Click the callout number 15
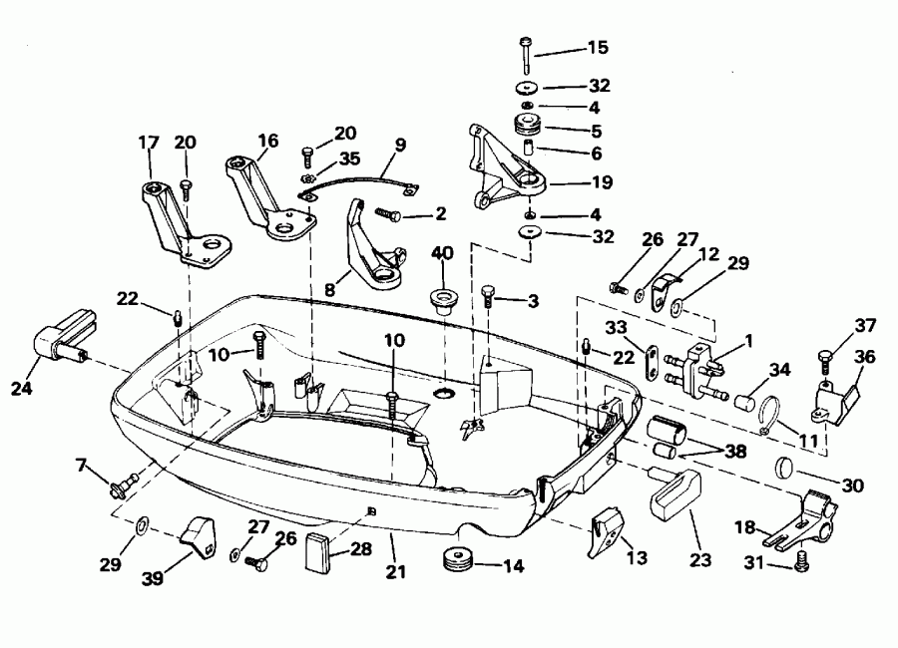click(x=597, y=47)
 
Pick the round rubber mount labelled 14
click(x=459, y=558)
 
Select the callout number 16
click(x=267, y=142)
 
